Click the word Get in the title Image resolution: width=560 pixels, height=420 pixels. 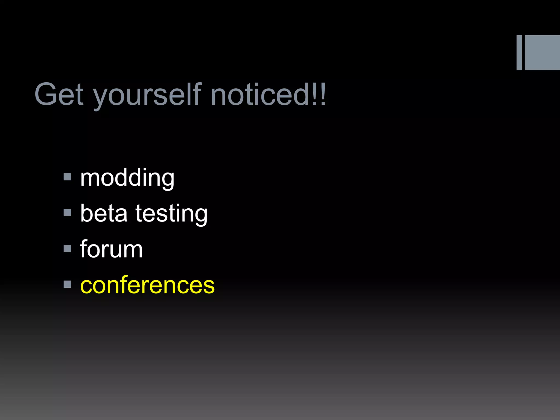[x=59, y=94]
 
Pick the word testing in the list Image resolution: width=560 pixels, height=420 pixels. [x=171, y=214]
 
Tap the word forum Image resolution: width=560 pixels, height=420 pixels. [x=111, y=249]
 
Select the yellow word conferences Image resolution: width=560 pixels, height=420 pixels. [x=147, y=285]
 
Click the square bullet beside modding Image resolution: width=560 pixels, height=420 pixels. [x=67, y=177]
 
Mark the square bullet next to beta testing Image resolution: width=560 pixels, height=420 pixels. [x=67, y=212]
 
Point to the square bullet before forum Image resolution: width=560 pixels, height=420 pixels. [x=67, y=248]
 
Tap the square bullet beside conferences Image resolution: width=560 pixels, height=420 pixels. [x=67, y=284]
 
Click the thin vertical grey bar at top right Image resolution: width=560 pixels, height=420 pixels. [x=519, y=52]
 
